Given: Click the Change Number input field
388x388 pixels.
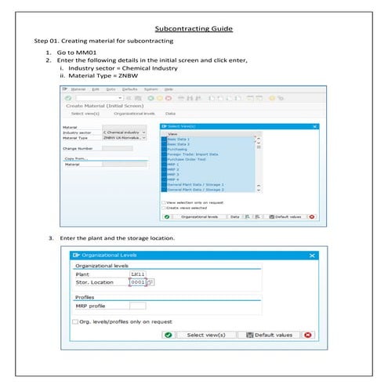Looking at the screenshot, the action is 118,148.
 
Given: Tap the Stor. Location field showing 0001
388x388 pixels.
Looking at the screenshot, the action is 137,282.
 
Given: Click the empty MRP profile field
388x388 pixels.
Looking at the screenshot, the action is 137,305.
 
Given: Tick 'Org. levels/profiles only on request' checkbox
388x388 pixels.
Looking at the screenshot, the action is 75,321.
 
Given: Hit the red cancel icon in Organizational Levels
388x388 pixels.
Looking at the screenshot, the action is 307,335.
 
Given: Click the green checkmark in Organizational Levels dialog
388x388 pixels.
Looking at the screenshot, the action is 168,335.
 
